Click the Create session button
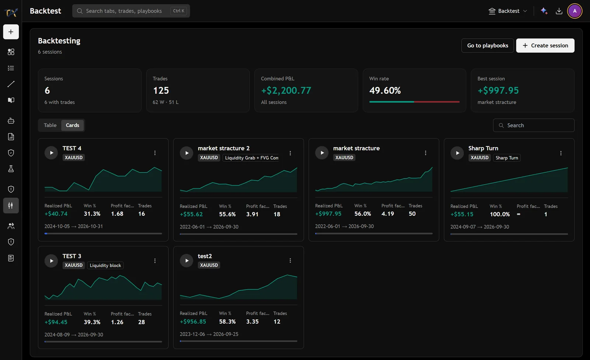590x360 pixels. click(545, 46)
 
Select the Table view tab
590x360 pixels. click(50, 125)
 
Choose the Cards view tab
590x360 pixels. click(72, 125)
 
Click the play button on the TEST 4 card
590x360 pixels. click(51, 153)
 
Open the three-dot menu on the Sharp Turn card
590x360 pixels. click(561, 153)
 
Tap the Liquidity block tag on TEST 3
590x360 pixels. click(105, 265)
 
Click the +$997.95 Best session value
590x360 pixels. click(498, 90)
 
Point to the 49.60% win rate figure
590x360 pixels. click(385, 90)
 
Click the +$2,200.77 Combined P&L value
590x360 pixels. click(286, 90)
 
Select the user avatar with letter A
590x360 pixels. click(575, 11)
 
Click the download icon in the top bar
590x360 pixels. click(559, 11)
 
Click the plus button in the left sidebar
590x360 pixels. click(11, 32)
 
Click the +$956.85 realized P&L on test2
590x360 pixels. click(193, 322)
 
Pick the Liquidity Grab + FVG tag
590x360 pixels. click(251, 158)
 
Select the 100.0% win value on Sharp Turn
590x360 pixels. click(500, 214)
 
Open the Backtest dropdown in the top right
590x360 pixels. click(508, 11)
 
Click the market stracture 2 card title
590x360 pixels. click(223, 148)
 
